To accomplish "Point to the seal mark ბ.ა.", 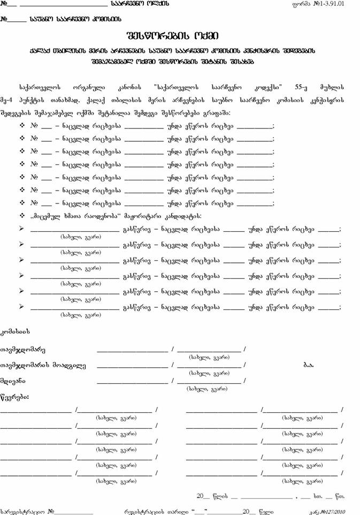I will pos(309,365).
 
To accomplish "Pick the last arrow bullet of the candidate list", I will pos(22,307).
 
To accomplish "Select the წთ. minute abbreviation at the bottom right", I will pos(340,496).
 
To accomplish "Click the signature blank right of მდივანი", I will pos(133,381).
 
